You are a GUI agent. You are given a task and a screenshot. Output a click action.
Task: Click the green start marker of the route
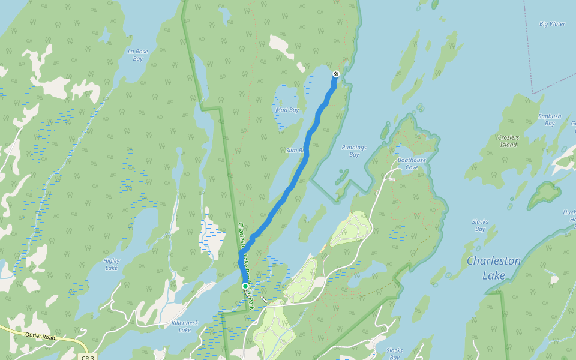pyautogui.click(x=245, y=286)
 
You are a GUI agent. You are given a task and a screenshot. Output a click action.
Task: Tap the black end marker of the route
pyautogui.click(x=335, y=74)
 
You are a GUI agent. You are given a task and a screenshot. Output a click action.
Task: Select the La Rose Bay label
pyautogui.click(x=137, y=55)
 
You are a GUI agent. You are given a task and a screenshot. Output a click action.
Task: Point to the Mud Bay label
pyautogui.click(x=287, y=110)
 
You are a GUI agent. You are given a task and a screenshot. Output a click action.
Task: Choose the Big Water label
pyautogui.click(x=552, y=24)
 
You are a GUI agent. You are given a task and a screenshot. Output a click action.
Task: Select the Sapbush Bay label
pyautogui.click(x=549, y=119)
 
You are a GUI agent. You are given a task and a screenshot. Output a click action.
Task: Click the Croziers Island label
pyautogui.click(x=508, y=141)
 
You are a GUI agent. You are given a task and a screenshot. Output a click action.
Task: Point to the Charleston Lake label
pyautogui.click(x=493, y=268)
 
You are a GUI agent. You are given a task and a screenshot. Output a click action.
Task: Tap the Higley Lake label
pyautogui.click(x=111, y=264)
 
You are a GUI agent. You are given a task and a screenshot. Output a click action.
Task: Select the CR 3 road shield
pyautogui.click(x=86, y=357)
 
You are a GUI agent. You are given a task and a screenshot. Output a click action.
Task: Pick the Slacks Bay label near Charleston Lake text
pyautogui.click(x=479, y=225)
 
